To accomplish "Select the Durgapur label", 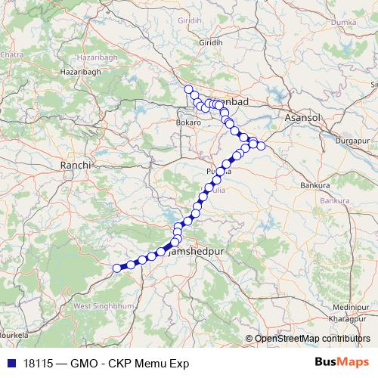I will coord(345,141).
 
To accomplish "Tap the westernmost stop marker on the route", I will coord(117,268).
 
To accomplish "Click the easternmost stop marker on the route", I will coord(262,145).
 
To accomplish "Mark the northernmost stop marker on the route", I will coord(189,90).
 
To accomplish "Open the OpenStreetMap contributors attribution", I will coord(312,339).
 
